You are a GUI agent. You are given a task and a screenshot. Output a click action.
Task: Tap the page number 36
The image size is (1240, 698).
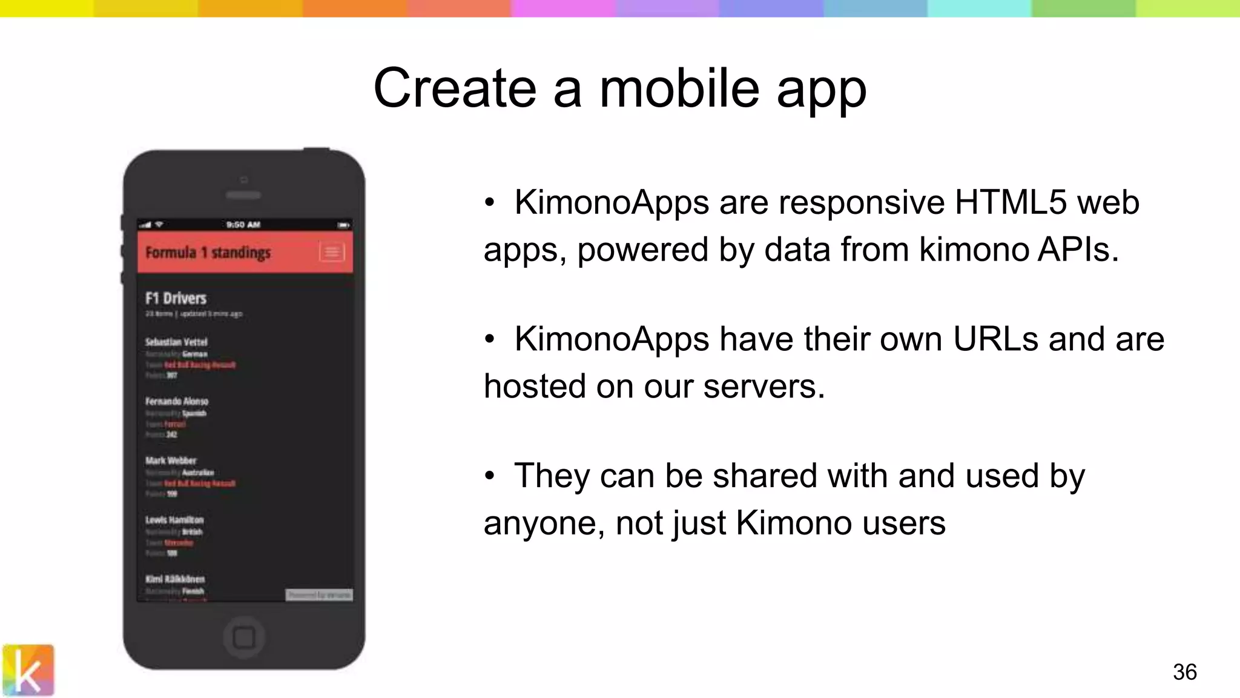point(1184,672)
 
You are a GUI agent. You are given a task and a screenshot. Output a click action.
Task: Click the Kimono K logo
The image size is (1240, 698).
point(28,670)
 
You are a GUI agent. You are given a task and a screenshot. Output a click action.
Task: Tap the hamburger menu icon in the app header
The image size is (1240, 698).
point(332,252)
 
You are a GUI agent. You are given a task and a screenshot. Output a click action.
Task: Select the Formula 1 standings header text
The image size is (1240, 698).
point(208,252)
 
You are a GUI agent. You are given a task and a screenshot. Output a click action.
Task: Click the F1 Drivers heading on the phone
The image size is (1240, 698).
point(176,298)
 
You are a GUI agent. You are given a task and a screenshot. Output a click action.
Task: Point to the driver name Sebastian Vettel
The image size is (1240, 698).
point(176,342)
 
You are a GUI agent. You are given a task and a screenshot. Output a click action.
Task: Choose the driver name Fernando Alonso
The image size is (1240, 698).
point(177,401)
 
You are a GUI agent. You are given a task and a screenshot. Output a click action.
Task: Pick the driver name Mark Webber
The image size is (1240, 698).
point(171,460)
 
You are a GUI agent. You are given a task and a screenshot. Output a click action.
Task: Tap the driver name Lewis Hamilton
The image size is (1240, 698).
point(174,520)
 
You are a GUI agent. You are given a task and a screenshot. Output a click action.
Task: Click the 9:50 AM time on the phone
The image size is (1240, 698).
point(243,225)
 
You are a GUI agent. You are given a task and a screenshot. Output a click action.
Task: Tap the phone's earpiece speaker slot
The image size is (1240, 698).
point(243,195)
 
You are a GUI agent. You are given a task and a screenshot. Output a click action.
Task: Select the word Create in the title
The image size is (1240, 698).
point(455,88)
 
